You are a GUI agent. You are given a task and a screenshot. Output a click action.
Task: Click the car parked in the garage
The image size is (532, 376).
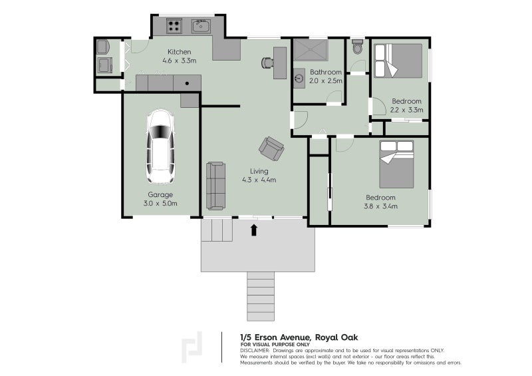[160, 146]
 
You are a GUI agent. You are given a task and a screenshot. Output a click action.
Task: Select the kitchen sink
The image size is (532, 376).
[201, 27]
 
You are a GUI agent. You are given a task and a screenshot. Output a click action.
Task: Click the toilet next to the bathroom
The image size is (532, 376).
[358, 48]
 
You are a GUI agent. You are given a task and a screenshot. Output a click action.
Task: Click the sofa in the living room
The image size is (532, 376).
[215, 186]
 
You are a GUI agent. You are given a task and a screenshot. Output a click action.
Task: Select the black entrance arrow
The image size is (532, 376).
[254, 230]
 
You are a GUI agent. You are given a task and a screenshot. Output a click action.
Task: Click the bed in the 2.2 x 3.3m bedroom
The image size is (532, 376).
[398, 61]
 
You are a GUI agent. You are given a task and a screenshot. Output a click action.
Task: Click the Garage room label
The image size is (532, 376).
[160, 195]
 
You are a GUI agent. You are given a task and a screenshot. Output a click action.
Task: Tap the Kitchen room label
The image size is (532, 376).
[180, 52]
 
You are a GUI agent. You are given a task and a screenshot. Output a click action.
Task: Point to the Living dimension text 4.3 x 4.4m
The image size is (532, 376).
[259, 180]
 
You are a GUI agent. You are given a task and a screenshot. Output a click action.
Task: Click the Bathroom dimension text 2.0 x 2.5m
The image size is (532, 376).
[326, 81]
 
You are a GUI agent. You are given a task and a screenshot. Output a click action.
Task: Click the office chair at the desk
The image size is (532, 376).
[267, 62]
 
